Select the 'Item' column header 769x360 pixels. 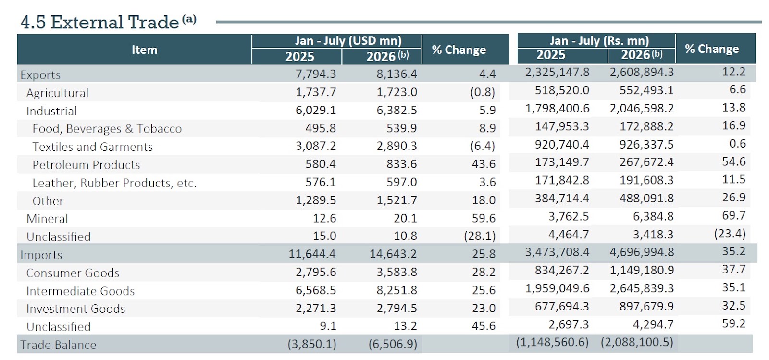tap(145, 50)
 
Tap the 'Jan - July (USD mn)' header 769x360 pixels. tap(348, 40)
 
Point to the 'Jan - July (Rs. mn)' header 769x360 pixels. tap(599, 40)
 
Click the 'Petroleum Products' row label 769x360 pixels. tap(86, 165)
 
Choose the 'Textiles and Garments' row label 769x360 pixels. tap(92, 147)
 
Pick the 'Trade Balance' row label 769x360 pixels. tap(58, 345)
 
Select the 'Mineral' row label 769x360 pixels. tap(47, 219)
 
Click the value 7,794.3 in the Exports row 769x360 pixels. tap(316, 74)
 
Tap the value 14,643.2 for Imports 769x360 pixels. tap(393, 254)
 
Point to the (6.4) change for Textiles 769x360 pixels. tap(483, 146)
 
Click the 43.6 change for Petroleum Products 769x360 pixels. tap(484, 164)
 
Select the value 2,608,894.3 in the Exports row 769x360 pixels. tap(642, 72)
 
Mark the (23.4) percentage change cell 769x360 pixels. tap(730, 234)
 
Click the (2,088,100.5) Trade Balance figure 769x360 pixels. tap(637, 342)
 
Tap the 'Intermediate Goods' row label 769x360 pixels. tap(80, 291)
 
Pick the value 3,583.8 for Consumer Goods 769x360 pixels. tap(397, 272)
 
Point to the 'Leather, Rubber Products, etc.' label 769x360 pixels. tap(114, 183)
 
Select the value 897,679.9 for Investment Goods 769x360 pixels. tap(646, 306)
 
